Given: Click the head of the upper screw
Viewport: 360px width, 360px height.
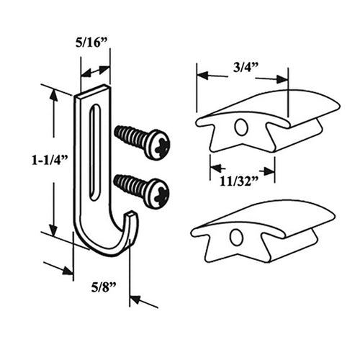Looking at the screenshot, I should [x=157, y=145].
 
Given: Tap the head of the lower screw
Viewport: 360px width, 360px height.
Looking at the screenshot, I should [x=156, y=193].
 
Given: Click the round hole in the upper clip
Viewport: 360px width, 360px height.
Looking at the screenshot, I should [x=241, y=127].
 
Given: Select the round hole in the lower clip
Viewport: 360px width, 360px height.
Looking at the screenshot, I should [x=236, y=236].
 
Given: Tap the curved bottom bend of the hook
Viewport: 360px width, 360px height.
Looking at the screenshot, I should [x=101, y=247].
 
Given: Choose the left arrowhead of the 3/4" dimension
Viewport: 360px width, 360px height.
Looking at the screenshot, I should [x=201, y=74].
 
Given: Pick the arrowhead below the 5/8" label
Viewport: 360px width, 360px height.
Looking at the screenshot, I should [x=135, y=299].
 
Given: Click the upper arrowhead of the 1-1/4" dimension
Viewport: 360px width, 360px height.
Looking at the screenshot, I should [x=53, y=96].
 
